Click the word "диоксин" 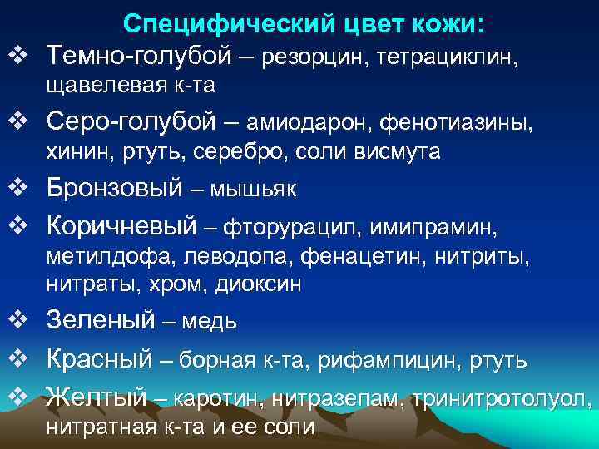(259, 284)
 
